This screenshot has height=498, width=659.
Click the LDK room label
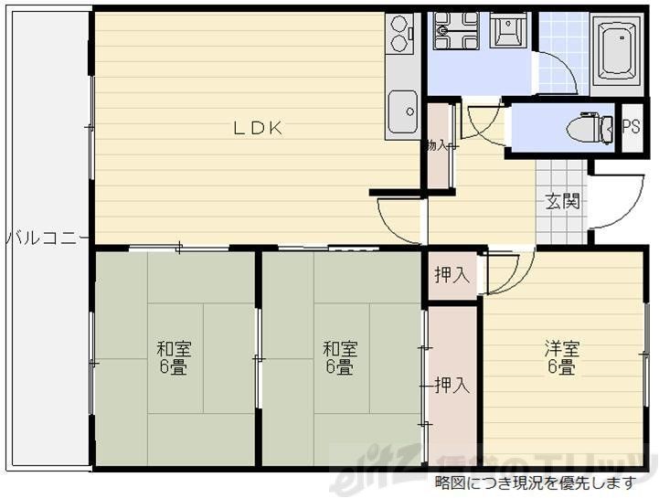coord(256,129)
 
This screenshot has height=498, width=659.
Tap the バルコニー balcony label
coord(46,238)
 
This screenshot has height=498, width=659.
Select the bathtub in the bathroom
coord(616,51)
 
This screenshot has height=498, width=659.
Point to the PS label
coord(631,127)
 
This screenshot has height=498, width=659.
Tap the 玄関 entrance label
coord(562,202)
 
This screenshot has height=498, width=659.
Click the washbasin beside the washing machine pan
coord(505,32)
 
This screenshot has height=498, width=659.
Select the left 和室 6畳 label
coord(174,358)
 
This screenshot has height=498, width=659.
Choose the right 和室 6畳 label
coord(339,358)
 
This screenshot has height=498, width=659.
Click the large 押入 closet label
coord(452,385)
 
